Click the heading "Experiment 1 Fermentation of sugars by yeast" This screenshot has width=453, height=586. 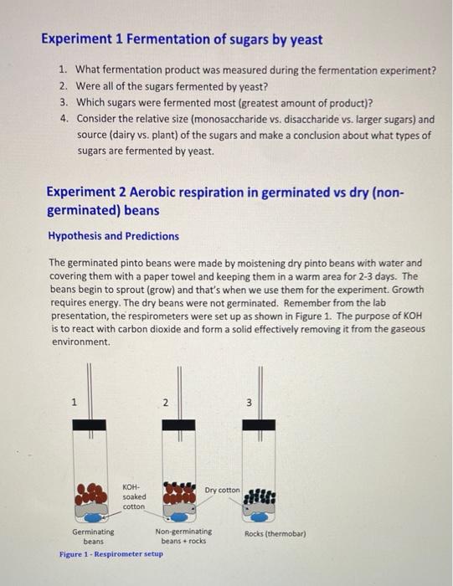pyautogui.click(x=182, y=39)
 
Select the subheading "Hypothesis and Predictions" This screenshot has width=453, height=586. pyautogui.click(x=112, y=236)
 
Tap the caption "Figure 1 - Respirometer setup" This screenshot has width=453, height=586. pyautogui.click(x=111, y=555)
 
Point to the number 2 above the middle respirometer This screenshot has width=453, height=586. pyautogui.click(x=166, y=403)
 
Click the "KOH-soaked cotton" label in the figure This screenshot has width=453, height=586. pyautogui.click(x=133, y=496)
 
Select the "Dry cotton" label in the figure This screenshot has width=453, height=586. pyautogui.click(x=221, y=489)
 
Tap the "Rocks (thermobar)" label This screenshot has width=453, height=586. pyautogui.click(x=275, y=533)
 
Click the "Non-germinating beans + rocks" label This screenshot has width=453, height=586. pyautogui.click(x=183, y=536)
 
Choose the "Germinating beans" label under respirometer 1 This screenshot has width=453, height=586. pyautogui.click(x=93, y=536)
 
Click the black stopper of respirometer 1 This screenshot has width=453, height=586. pyautogui.click(x=89, y=424)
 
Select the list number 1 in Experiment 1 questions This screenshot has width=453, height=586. pyautogui.click(x=64, y=70)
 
